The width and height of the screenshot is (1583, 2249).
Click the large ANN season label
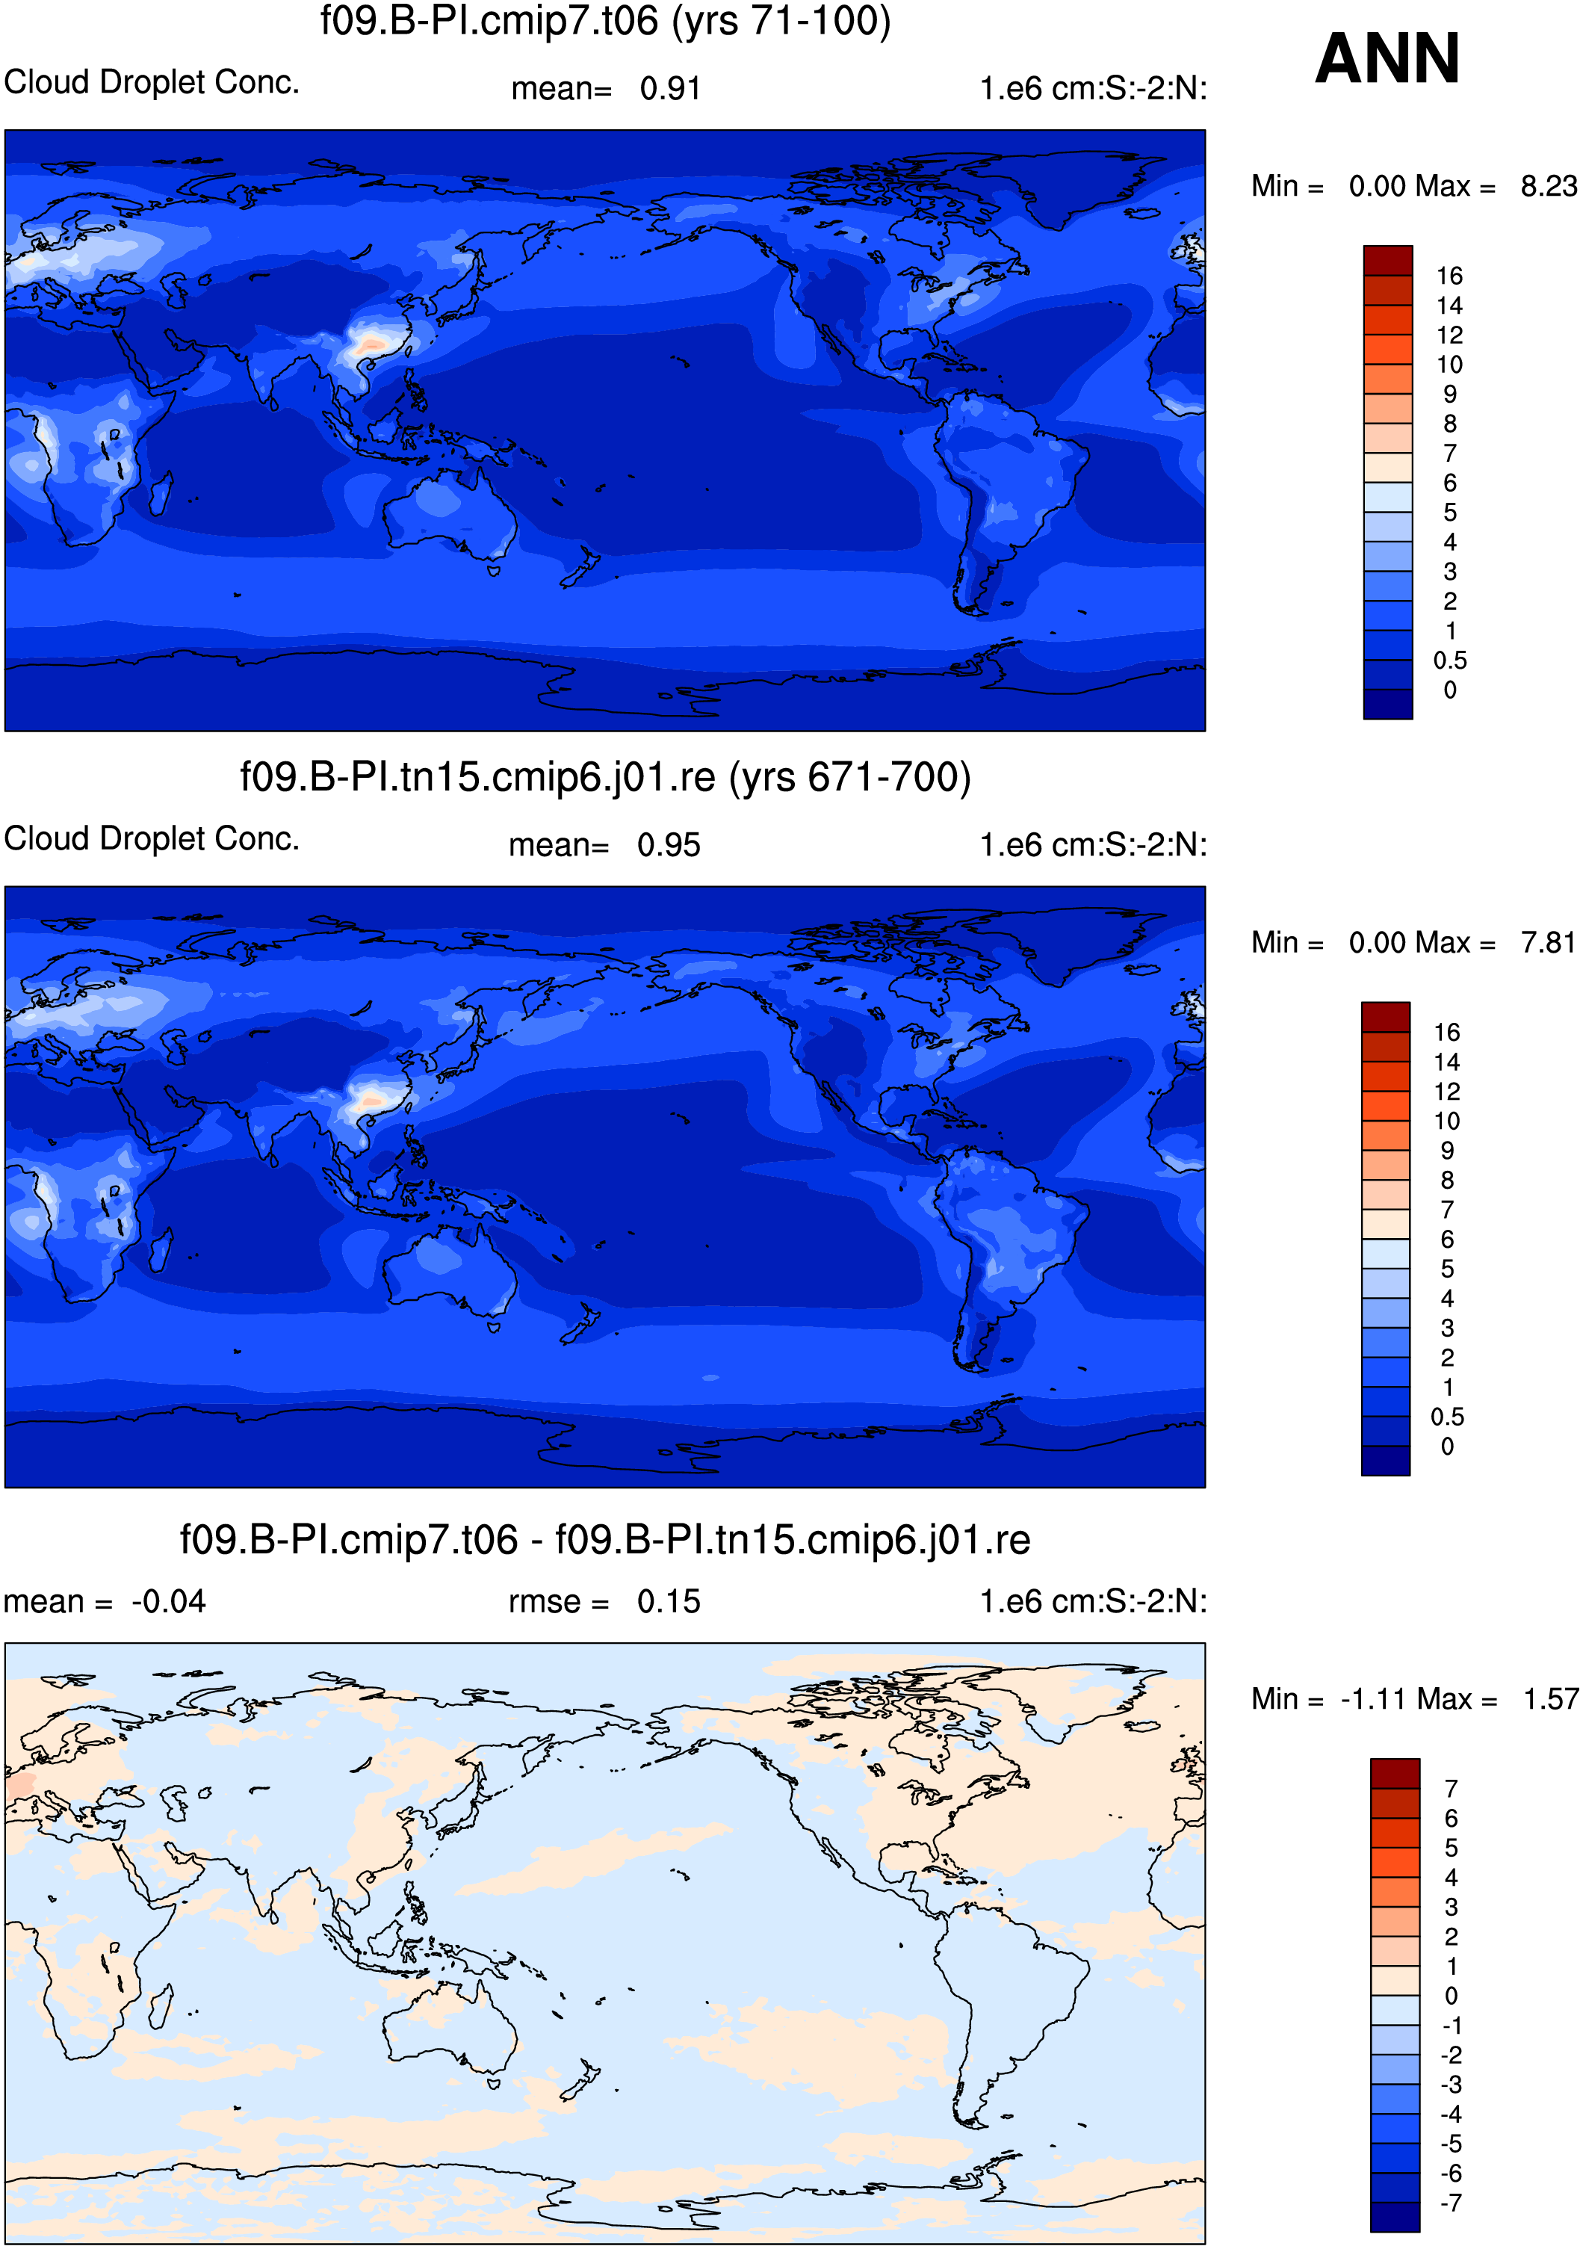coord(1387,59)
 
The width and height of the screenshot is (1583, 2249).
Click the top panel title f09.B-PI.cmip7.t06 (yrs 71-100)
coord(605,22)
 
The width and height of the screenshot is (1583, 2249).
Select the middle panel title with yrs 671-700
coord(605,777)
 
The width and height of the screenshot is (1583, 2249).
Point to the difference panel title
coord(605,1540)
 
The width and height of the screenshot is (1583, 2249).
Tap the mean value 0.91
coord(670,89)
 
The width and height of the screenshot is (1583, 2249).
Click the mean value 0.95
coord(669,845)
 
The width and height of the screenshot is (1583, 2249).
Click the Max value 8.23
coord(1549,186)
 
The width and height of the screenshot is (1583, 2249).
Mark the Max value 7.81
coord(1548,942)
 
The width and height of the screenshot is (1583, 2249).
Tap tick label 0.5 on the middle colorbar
coord(1447,1417)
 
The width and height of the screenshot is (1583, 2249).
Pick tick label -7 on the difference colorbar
coord(1451,2203)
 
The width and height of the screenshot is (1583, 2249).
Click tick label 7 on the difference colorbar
coord(1452,1789)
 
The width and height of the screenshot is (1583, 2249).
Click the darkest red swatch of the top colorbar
coord(1388,261)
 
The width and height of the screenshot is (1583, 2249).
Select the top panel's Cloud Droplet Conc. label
coord(152,82)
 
